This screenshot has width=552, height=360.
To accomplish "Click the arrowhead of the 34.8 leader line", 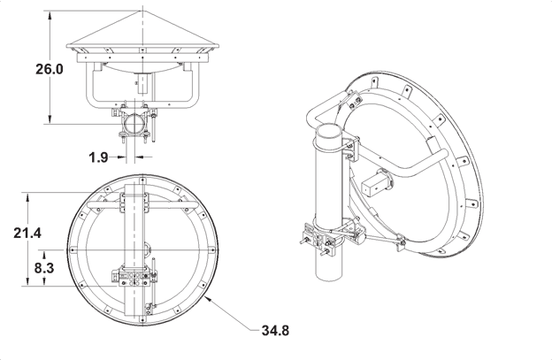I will [203, 300].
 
